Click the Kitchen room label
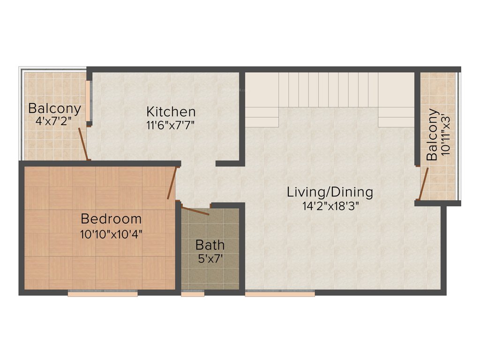pyautogui.click(x=171, y=112)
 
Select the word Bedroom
pyautogui.click(x=111, y=219)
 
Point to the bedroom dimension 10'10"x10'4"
pyautogui.click(x=111, y=233)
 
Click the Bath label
pyautogui.click(x=210, y=245)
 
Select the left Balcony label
pyautogui.click(x=54, y=108)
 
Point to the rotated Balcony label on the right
pyautogui.click(x=432, y=135)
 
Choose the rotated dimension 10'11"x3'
pyautogui.click(x=446, y=135)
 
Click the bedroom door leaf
pyautogui.click(x=172, y=182)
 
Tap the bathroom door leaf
pyautogui.click(x=195, y=210)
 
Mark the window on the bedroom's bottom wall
pyautogui.click(x=103, y=293)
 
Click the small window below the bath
pyautogui.click(x=193, y=294)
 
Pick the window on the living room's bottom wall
pyautogui.click(x=280, y=294)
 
